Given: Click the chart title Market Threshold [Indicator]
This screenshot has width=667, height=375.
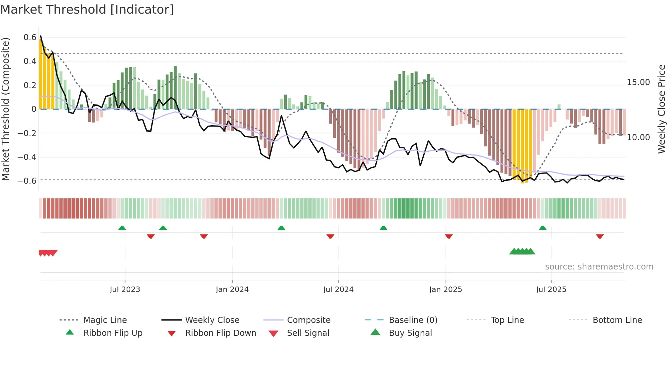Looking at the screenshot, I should click(87, 10).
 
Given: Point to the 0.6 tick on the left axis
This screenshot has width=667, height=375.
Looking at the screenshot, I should click(30, 37).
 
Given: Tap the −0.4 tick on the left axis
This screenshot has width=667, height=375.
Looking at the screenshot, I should click(27, 157).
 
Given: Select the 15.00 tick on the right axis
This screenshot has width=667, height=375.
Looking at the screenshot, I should click(638, 82).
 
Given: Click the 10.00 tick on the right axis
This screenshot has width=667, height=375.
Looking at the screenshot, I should click(638, 137).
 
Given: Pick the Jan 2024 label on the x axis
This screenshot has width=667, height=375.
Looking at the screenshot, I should click(232, 290).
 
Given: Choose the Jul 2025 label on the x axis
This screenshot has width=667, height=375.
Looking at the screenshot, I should click(551, 290).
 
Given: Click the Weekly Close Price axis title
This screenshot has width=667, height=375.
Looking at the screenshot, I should click(661, 109).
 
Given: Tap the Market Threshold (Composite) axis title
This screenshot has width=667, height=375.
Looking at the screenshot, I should click(5, 109).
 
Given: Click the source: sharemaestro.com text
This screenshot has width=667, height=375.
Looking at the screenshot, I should click(599, 267).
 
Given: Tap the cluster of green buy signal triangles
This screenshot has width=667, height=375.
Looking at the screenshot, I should click(522, 251).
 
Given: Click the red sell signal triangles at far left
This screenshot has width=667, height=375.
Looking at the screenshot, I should click(48, 253).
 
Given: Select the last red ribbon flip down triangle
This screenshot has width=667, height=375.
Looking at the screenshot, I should click(600, 236).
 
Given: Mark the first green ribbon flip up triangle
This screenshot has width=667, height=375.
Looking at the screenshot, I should click(122, 228).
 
